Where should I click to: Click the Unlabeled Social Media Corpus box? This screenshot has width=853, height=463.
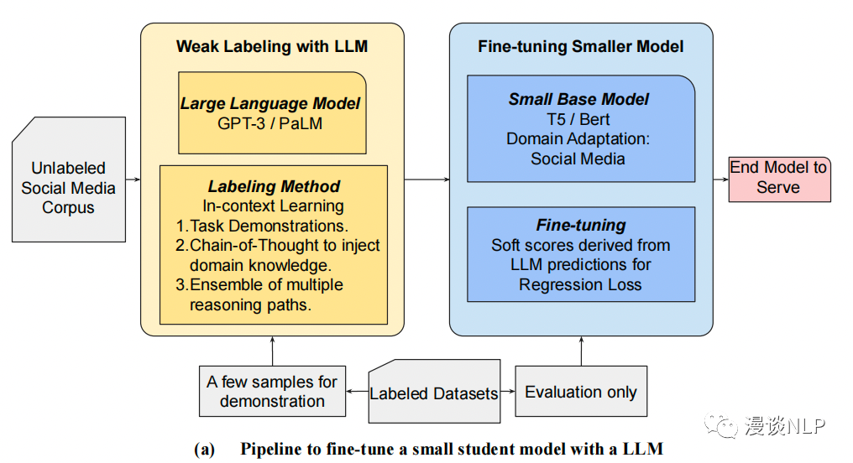click(69, 188)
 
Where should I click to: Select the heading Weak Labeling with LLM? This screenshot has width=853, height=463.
click(272, 47)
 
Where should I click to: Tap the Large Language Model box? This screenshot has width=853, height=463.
click(272, 112)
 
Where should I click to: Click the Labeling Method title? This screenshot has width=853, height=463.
click(274, 186)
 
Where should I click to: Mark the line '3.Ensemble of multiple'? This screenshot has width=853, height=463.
click(259, 285)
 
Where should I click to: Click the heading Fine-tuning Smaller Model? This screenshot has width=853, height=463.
click(580, 47)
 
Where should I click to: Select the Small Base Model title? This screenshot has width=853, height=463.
click(578, 99)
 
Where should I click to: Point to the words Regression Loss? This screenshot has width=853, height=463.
click(579, 284)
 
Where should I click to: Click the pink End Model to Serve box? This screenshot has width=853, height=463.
click(778, 178)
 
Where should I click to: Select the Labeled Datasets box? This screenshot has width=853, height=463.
click(434, 393)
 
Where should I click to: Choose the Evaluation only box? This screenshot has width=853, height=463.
click(580, 392)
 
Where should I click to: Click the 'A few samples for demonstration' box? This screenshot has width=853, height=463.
click(272, 392)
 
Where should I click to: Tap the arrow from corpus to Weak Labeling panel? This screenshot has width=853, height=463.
click(133, 179)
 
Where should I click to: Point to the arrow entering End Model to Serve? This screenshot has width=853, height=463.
click(719, 179)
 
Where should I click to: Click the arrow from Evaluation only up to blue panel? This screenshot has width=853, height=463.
click(580, 351)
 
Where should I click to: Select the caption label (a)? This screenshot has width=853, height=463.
click(205, 450)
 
